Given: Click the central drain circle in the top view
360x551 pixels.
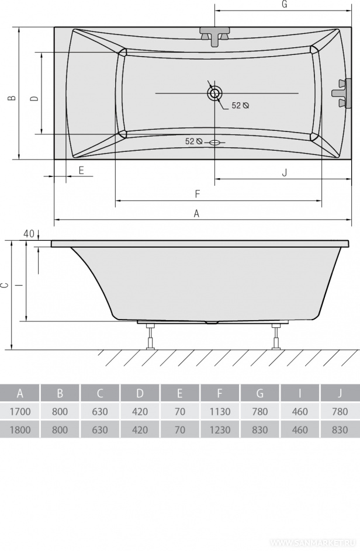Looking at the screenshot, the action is tap(214, 93).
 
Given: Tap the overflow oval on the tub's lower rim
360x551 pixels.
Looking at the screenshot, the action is tap(214, 143).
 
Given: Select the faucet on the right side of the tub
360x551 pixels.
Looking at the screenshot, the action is tap(342, 93).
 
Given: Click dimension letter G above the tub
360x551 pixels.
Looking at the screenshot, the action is tap(285, 4).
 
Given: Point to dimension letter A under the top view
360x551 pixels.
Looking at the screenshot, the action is tap(196, 213).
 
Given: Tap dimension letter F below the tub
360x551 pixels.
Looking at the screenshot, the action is tap(197, 193).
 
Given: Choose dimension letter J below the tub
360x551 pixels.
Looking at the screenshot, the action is tap(285, 172).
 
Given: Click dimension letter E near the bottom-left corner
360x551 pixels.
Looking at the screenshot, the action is tap(81, 171).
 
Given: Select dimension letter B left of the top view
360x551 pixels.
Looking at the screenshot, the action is tap(12, 98).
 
